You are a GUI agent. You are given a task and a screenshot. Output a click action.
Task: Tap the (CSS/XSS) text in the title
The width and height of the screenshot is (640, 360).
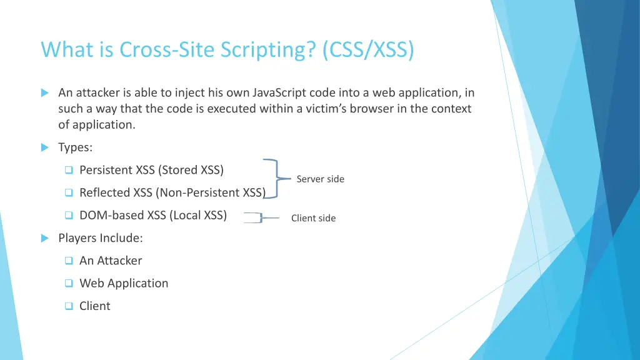coord(368,49)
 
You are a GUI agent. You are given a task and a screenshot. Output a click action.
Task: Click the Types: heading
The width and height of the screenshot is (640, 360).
coord(75,147)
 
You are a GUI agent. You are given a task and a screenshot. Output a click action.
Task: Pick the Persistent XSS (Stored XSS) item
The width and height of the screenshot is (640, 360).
coord(151,170)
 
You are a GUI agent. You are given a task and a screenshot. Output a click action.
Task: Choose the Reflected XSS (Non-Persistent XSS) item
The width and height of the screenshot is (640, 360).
coord(172,192)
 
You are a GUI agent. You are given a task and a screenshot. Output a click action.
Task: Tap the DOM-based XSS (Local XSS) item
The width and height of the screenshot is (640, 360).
coord(153,216)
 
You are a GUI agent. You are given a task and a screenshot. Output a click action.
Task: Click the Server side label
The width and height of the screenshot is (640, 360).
coord(320,179)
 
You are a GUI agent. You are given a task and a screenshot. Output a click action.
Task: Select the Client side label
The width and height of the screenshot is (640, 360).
coord(313,218)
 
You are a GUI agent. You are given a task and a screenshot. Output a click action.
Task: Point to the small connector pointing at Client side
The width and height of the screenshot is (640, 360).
coord(261,218)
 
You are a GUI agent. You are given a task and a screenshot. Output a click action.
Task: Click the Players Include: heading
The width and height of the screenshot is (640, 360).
coord(101,238)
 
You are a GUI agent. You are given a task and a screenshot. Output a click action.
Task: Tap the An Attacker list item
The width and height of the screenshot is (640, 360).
coord(111,261)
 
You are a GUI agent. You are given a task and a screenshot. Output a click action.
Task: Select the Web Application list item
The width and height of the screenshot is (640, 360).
coord(124,283)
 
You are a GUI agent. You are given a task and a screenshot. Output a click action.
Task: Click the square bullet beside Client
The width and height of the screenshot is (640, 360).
coord(69,306)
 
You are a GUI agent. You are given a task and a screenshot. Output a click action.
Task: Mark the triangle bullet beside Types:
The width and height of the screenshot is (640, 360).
coord(44,147)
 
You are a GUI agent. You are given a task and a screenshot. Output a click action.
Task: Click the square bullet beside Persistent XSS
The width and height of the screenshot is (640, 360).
coord(69,171)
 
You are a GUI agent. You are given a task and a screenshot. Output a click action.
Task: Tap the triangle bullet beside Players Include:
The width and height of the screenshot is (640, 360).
coord(44,238)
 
